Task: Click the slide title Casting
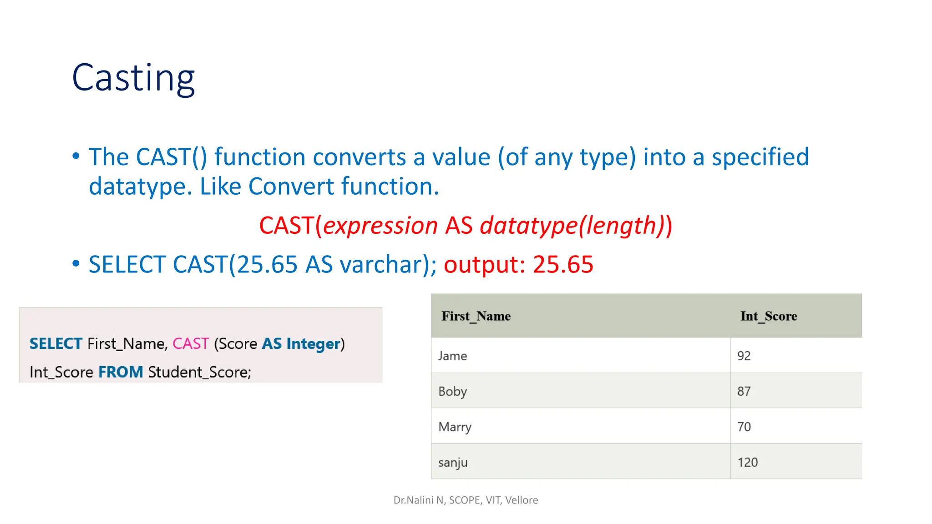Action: tap(133, 78)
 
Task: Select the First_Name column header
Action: tap(476, 316)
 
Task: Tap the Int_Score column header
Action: tap(768, 316)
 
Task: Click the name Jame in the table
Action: tap(452, 356)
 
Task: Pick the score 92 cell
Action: tap(744, 356)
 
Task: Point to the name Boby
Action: tap(452, 391)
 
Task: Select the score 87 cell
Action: tap(744, 391)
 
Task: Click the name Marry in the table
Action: tap(455, 427)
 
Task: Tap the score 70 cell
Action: tap(744, 427)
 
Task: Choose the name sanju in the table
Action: tap(453, 463)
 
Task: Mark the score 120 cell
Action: tap(747, 463)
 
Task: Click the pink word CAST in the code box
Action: tap(191, 344)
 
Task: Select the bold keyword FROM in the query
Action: tap(121, 372)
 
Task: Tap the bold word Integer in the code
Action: tap(313, 344)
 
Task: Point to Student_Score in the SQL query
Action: tap(199, 372)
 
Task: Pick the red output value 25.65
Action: tap(563, 265)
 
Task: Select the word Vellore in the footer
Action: tap(522, 500)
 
